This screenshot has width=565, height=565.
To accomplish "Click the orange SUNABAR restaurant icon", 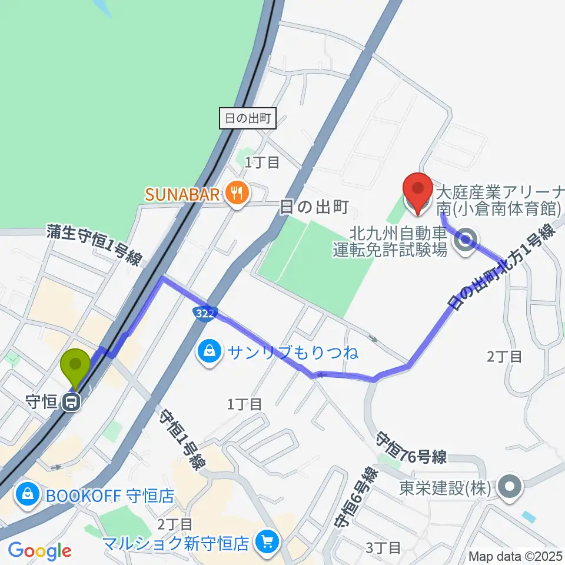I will (237, 192).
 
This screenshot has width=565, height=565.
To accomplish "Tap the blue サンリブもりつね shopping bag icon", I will (208, 352).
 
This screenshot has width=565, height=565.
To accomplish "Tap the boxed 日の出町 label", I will (247, 119).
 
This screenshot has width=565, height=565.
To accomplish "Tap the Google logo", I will (39, 550).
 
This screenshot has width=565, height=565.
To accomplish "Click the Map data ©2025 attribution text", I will (516, 556).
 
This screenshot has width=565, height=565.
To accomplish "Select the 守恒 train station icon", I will (73, 403).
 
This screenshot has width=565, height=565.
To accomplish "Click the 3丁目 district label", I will (383, 548).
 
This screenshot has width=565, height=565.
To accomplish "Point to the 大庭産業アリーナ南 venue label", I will (499, 200).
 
